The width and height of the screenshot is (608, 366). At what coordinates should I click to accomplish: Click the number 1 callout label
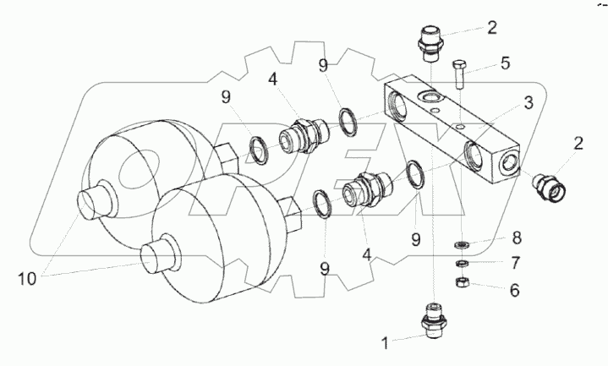pyautogui.click(x=385, y=343)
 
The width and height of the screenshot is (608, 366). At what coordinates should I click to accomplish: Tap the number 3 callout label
pyautogui.click(x=529, y=103)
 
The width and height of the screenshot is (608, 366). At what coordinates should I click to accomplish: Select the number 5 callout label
pyautogui.click(x=505, y=63)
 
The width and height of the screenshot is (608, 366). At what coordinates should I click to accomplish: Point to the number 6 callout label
pyautogui.click(x=514, y=290)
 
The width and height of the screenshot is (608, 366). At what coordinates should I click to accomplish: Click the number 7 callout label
pyautogui.click(x=515, y=263)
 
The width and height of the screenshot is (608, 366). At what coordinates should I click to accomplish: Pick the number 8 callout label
pyautogui.click(x=517, y=238)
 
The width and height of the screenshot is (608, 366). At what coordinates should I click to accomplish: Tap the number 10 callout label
pyautogui.click(x=27, y=279)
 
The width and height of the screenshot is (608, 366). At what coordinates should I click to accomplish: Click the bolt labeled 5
pyautogui.click(x=459, y=74)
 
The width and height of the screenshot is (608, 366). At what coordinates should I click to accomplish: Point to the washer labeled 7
pyautogui.click(x=462, y=264)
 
